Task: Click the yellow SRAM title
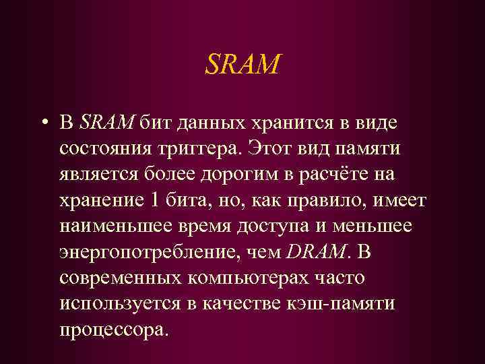241,65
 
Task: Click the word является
99,175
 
